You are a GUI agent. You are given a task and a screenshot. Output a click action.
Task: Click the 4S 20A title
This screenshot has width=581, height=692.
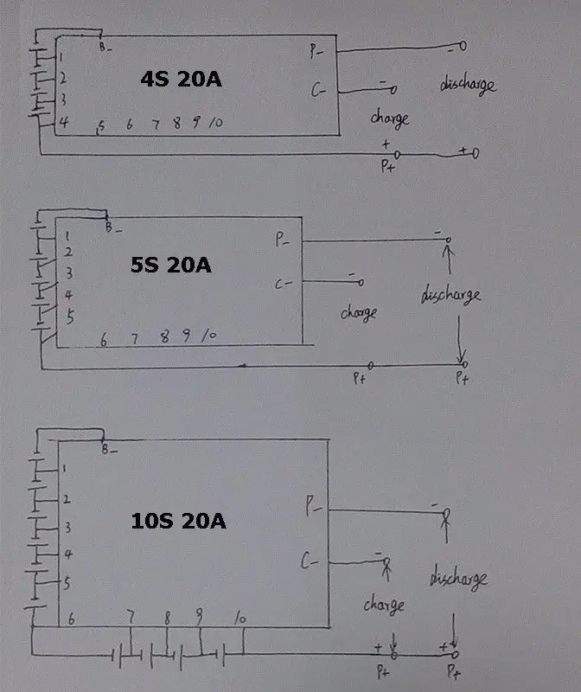click(x=182, y=80)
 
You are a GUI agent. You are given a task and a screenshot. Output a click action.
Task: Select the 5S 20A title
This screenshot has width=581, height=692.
click(x=170, y=265)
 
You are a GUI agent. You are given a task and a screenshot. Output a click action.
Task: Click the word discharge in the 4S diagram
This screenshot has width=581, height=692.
click(x=468, y=85)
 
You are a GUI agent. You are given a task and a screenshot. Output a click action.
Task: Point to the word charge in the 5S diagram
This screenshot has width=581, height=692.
click(x=359, y=312)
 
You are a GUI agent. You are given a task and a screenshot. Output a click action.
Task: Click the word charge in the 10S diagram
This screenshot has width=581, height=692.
click(x=383, y=603)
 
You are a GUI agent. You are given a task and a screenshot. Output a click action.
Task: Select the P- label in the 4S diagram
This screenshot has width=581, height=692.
click(x=316, y=51)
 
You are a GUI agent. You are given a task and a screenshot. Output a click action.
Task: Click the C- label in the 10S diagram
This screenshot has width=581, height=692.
click(x=310, y=563)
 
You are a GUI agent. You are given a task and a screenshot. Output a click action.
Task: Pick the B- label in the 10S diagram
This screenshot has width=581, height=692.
click(x=107, y=450)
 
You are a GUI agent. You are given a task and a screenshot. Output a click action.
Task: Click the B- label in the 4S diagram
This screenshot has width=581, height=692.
click(x=105, y=47)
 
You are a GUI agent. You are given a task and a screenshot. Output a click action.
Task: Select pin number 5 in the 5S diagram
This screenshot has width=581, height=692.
click(x=70, y=317)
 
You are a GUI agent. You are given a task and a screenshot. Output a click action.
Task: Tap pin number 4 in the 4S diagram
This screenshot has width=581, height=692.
click(x=63, y=123)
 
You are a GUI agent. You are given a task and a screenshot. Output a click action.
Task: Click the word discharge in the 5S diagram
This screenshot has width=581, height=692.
click(x=450, y=295)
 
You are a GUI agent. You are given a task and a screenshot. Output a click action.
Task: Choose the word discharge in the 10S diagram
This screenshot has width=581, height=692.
click(x=457, y=579)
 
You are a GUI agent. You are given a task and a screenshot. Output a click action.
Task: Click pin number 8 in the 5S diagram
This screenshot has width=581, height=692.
click(x=164, y=337)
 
